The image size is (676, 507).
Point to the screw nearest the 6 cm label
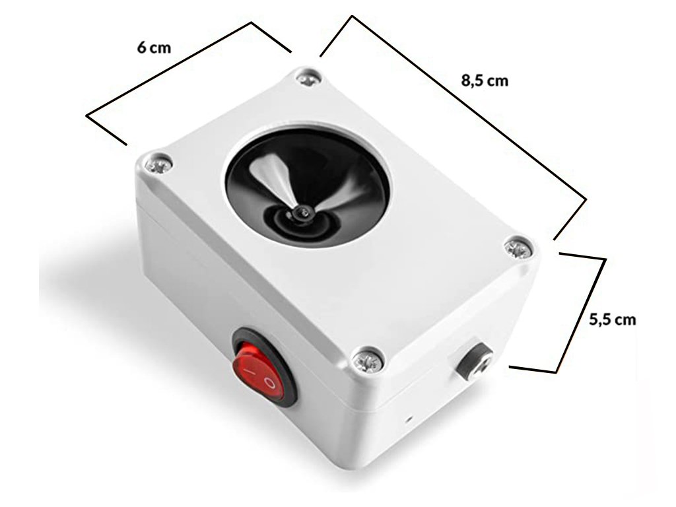pyautogui.click(x=158, y=163)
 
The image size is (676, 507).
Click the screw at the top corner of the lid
pyautogui.click(x=307, y=78)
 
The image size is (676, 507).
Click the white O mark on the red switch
pyautogui.click(x=269, y=382)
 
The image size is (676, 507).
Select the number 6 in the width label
pyautogui.click(x=141, y=48)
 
